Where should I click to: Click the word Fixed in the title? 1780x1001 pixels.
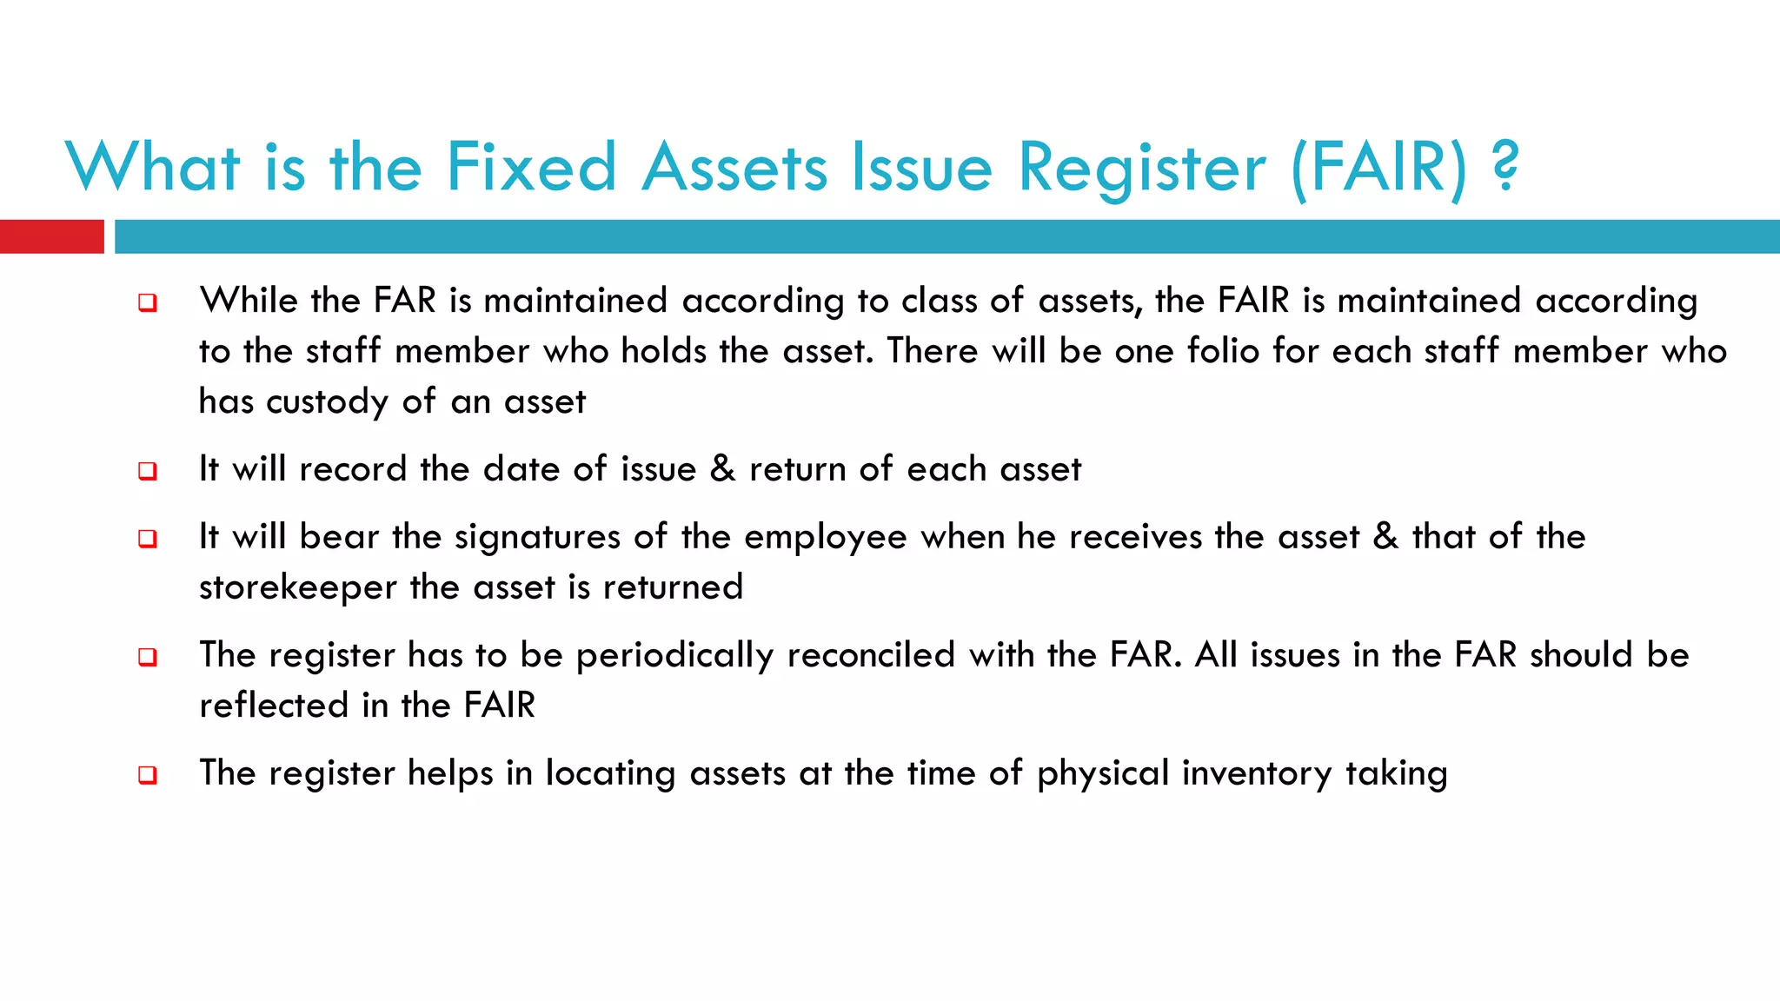pos(531,167)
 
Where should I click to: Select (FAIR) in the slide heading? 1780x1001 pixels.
pos(1379,167)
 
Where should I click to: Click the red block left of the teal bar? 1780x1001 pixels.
pos(51,236)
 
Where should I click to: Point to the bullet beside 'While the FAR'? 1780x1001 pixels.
pos(148,303)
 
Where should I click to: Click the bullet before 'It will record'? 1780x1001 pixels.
pos(148,472)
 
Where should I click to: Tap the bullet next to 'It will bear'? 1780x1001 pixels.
pos(148,540)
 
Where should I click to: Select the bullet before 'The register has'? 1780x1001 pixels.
pos(148,658)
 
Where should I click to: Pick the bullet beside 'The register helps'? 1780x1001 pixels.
pos(148,776)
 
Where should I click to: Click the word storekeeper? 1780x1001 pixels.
pos(297,587)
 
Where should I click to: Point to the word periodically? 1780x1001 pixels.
pos(674,656)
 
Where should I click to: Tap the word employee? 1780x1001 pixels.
pos(826,538)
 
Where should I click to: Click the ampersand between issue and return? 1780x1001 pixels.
pos(722,469)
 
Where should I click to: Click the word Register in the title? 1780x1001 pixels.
pos(1141,167)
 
